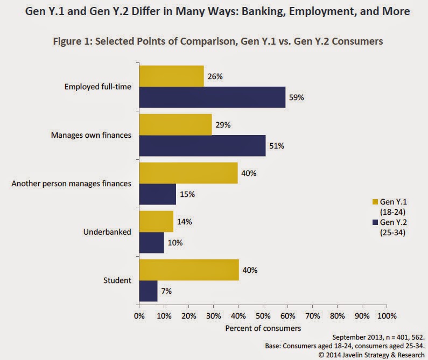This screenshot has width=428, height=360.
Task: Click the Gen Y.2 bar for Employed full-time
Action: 212,97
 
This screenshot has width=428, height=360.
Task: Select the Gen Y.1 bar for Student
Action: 189,270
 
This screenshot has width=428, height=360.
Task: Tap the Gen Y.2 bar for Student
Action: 148,291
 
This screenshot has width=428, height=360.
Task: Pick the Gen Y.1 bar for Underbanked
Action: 156,221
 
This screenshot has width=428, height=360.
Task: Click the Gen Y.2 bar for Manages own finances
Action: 202,145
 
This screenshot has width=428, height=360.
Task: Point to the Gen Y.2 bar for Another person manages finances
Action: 158,194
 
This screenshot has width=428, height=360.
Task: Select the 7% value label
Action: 166,291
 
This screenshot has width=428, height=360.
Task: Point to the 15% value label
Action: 186,194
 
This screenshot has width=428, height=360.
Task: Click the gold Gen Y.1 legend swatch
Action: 376,201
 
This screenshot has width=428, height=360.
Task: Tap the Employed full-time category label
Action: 98,86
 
